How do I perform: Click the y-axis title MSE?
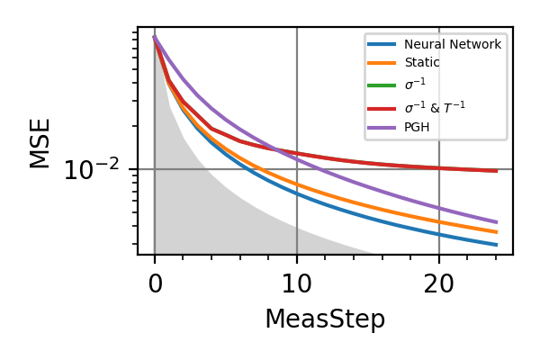click(40, 142)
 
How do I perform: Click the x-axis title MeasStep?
click(325, 319)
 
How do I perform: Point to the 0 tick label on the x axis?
click(155, 283)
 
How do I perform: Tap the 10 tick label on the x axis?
click(297, 283)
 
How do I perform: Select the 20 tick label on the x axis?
click(439, 283)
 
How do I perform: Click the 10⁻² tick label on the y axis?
click(94, 170)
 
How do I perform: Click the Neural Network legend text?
click(452, 44)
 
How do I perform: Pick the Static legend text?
click(422, 63)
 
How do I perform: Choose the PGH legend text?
click(417, 127)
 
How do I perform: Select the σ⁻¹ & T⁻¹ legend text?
click(436, 106)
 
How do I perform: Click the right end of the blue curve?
click(496, 245)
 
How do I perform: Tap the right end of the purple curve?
click(496, 222)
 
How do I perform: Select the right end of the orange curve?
click(496, 232)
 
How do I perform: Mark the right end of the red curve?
click(496, 171)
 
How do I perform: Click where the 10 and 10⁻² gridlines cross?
click(297, 169)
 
